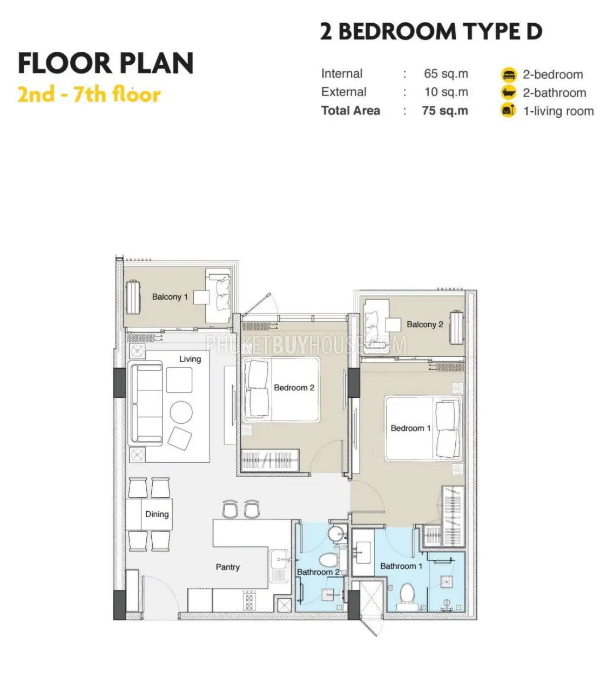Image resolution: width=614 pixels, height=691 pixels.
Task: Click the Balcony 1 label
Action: [x=170, y=297]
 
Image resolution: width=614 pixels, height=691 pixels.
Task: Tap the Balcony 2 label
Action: [x=424, y=324]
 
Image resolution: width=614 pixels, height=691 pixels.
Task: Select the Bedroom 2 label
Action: [x=294, y=388]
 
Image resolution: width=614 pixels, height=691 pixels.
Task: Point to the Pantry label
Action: [x=228, y=567]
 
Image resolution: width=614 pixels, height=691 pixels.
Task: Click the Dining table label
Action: [x=157, y=514]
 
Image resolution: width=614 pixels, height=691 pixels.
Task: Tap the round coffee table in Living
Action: [x=181, y=412]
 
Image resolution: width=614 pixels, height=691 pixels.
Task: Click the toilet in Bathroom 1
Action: [x=407, y=595]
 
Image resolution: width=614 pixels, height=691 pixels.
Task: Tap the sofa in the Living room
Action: [x=145, y=403]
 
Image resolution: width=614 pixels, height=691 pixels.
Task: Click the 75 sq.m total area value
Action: [x=445, y=111]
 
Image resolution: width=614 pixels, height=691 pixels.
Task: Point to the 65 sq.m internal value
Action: [x=446, y=73]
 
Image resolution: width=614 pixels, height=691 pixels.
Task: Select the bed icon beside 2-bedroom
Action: [x=509, y=74]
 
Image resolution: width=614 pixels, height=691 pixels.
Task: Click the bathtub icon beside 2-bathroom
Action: [x=509, y=92]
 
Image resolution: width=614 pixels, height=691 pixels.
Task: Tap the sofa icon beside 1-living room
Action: [x=508, y=111]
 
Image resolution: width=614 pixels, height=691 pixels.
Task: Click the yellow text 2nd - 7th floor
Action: [x=89, y=94]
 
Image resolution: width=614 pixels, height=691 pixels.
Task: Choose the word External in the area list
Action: [x=343, y=92]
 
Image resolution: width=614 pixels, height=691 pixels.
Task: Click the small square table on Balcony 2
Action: [x=393, y=324]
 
